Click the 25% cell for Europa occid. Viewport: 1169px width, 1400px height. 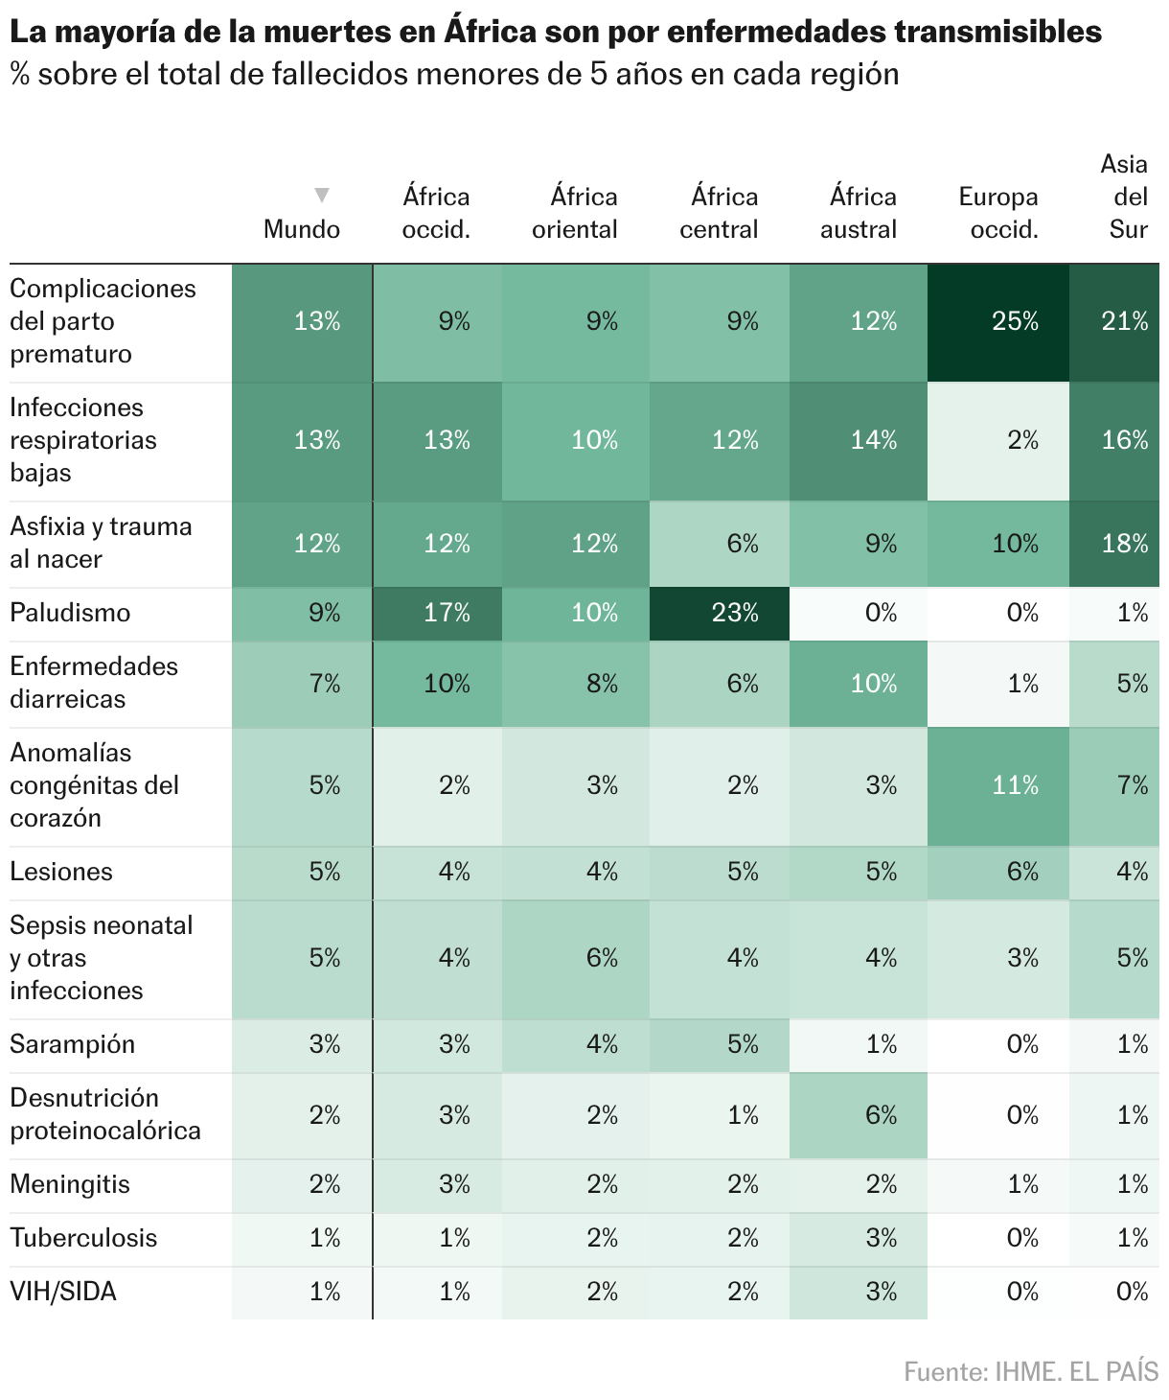coord(997,322)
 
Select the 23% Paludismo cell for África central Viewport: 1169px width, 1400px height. coord(719,614)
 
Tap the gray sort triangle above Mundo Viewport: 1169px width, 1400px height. coord(322,195)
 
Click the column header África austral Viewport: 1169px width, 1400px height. coord(859,213)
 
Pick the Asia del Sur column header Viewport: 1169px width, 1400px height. coord(1125,197)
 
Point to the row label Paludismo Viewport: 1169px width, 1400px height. coord(70,613)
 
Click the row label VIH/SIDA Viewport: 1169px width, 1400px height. coord(63,1292)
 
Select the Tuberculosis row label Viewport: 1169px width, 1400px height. coord(83,1238)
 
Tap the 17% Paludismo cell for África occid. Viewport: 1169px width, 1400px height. coord(437,614)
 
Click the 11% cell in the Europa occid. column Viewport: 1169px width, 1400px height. coord(997,786)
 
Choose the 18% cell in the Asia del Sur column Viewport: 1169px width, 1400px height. coord(1114,544)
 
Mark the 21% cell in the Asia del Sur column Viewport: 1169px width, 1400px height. coord(1114,322)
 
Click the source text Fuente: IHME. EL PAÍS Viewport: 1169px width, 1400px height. coord(1031,1372)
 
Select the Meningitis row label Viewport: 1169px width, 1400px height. coord(70,1184)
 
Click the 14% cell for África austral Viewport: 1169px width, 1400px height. coord(859,441)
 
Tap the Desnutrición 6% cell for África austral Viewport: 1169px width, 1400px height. coord(859,1116)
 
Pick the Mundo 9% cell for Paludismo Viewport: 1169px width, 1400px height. coord(302,614)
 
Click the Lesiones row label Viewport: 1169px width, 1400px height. coord(61,872)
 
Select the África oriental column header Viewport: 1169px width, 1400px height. coord(574,213)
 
